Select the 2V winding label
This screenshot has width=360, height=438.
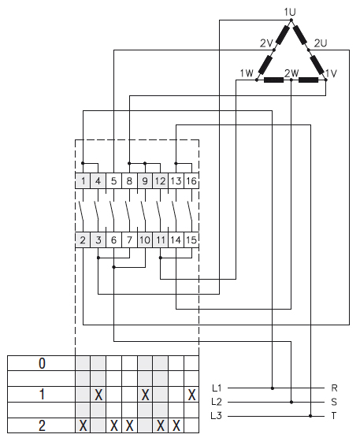pyautogui.click(x=266, y=42)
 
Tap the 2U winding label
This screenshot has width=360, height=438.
pyautogui.click(x=321, y=42)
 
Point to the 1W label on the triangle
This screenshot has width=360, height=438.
pyautogui.click(x=246, y=73)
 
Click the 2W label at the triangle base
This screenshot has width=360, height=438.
pyautogui.click(x=291, y=73)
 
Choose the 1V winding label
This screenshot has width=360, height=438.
pyautogui.click(x=331, y=73)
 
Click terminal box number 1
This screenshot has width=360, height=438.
pyautogui.click(x=83, y=181)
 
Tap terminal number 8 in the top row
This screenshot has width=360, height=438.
pyautogui.click(x=129, y=181)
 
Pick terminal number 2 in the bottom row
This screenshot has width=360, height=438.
pyautogui.click(x=83, y=239)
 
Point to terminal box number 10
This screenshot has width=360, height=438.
pyautogui.click(x=144, y=239)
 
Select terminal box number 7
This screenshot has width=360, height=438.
pyautogui.click(x=129, y=239)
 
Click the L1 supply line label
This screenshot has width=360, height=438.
pyautogui.click(x=217, y=388)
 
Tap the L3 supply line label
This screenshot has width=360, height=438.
pyautogui.click(x=217, y=415)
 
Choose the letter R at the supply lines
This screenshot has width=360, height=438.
pyautogui.click(x=335, y=388)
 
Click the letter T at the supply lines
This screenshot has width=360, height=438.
pyautogui.click(x=335, y=415)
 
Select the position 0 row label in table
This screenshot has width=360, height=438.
pyautogui.click(x=41, y=363)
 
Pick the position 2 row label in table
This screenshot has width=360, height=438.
pyautogui.click(x=41, y=425)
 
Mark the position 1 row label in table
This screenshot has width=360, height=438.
pyautogui.click(x=41, y=394)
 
